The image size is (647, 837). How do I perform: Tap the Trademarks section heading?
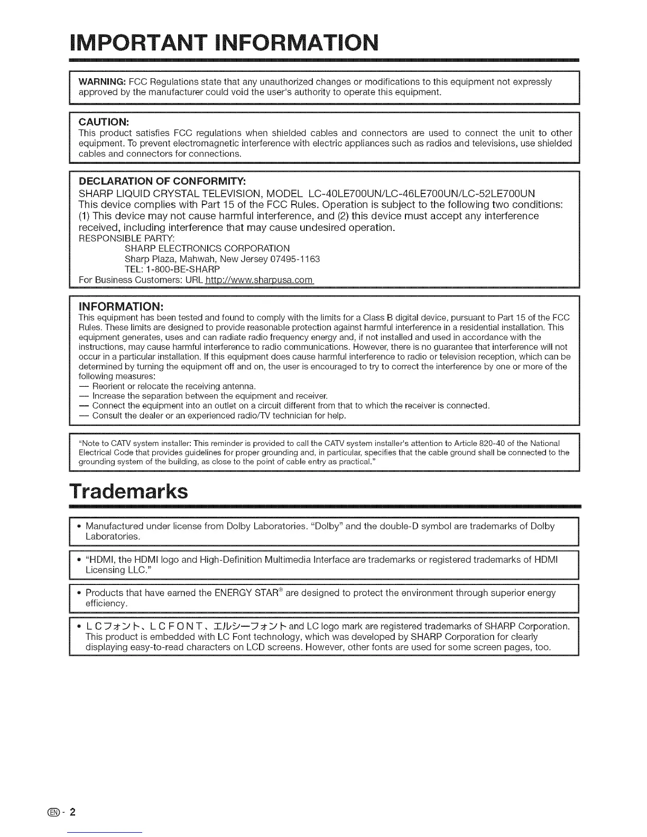click(128, 491)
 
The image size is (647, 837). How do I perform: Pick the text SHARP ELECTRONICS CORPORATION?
click(207, 248)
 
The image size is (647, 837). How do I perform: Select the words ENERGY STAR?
click(248, 593)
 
